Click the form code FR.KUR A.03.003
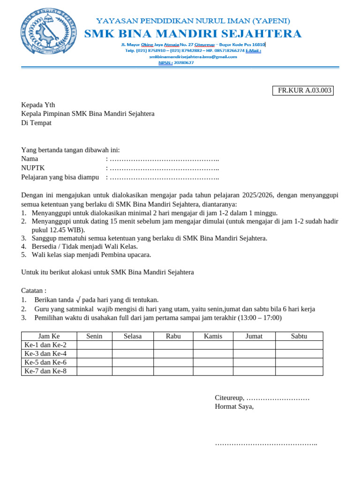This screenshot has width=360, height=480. pyautogui.click(x=303, y=90)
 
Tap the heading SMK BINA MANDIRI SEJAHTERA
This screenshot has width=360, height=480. pyautogui.click(x=193, y=34)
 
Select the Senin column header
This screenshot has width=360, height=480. pyautogui.click(x=94, y=336)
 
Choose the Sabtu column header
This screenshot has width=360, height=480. pyautogui.click(x=299, y=336)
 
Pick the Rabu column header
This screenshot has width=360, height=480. pyautogui.click(x=173, y=336)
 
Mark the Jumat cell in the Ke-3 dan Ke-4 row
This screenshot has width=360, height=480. pyautogui.click(x=254, y=353)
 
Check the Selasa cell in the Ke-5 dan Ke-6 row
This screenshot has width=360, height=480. pyautogui.click(x=133, y=362)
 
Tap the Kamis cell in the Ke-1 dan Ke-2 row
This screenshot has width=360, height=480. pyautogui.click(x=213, y=345)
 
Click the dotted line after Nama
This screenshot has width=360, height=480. pyautogui.click(x=164, y=159)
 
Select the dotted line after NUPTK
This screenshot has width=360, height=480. pyautogui.click(x=164, y=168)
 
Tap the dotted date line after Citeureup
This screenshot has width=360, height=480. pyautogui.click(x=278, y=398)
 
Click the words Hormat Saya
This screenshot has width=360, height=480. pyautogui.click(x=234, y=406)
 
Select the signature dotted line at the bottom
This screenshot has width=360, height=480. pyautogui.click(x=266, y=443)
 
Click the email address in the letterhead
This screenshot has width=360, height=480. pyautogui.click(x=193, y=57)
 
